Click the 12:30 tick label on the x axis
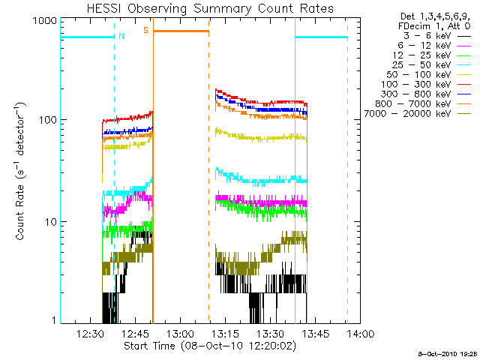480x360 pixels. click(x=91, y=334)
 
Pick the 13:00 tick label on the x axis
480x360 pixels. click(x=181, y=334)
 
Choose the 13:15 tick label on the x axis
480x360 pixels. click(x=226, y=334)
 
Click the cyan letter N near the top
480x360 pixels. click(x=121, y=34)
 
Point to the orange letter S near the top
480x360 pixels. click(x=145, y=31)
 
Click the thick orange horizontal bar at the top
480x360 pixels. click(x=181, y=31)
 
